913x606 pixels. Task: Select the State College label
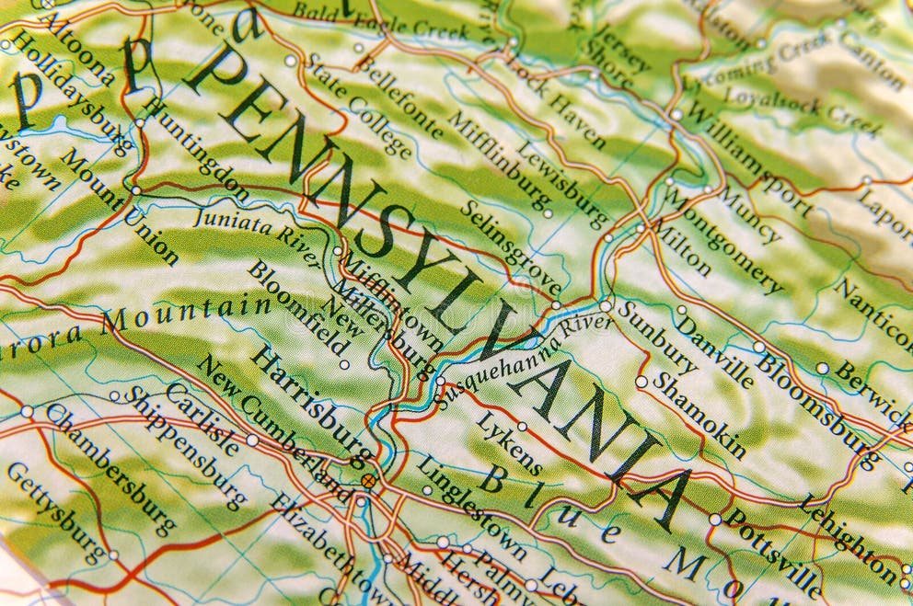click(x=357, y=104)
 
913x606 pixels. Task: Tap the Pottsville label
click(x=772, y=552)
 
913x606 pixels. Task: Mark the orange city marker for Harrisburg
click(x=368, y=480)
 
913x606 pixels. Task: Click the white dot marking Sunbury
click(x=605, y=305)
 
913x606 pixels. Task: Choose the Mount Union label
click(x=120, y=207)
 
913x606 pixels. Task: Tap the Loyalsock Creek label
click(x=802, y=109)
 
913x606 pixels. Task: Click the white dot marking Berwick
click(x=822, y=368)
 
